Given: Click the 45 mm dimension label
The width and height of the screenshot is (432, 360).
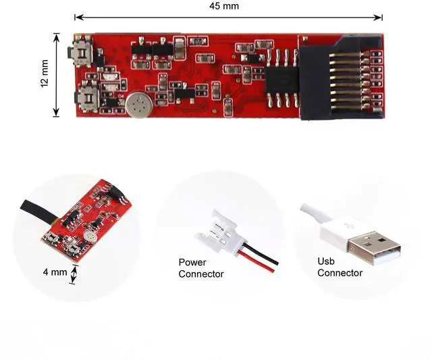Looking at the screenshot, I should point(224,6).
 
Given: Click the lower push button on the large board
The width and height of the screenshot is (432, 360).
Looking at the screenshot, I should point(87,97).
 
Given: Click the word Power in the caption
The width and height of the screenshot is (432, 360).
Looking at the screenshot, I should point(192,262).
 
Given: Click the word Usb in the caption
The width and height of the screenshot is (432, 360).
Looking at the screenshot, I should point(326,261).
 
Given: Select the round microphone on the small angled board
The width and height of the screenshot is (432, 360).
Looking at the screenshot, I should point(90,238).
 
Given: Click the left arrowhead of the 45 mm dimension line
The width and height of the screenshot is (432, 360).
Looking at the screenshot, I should point(77,16).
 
